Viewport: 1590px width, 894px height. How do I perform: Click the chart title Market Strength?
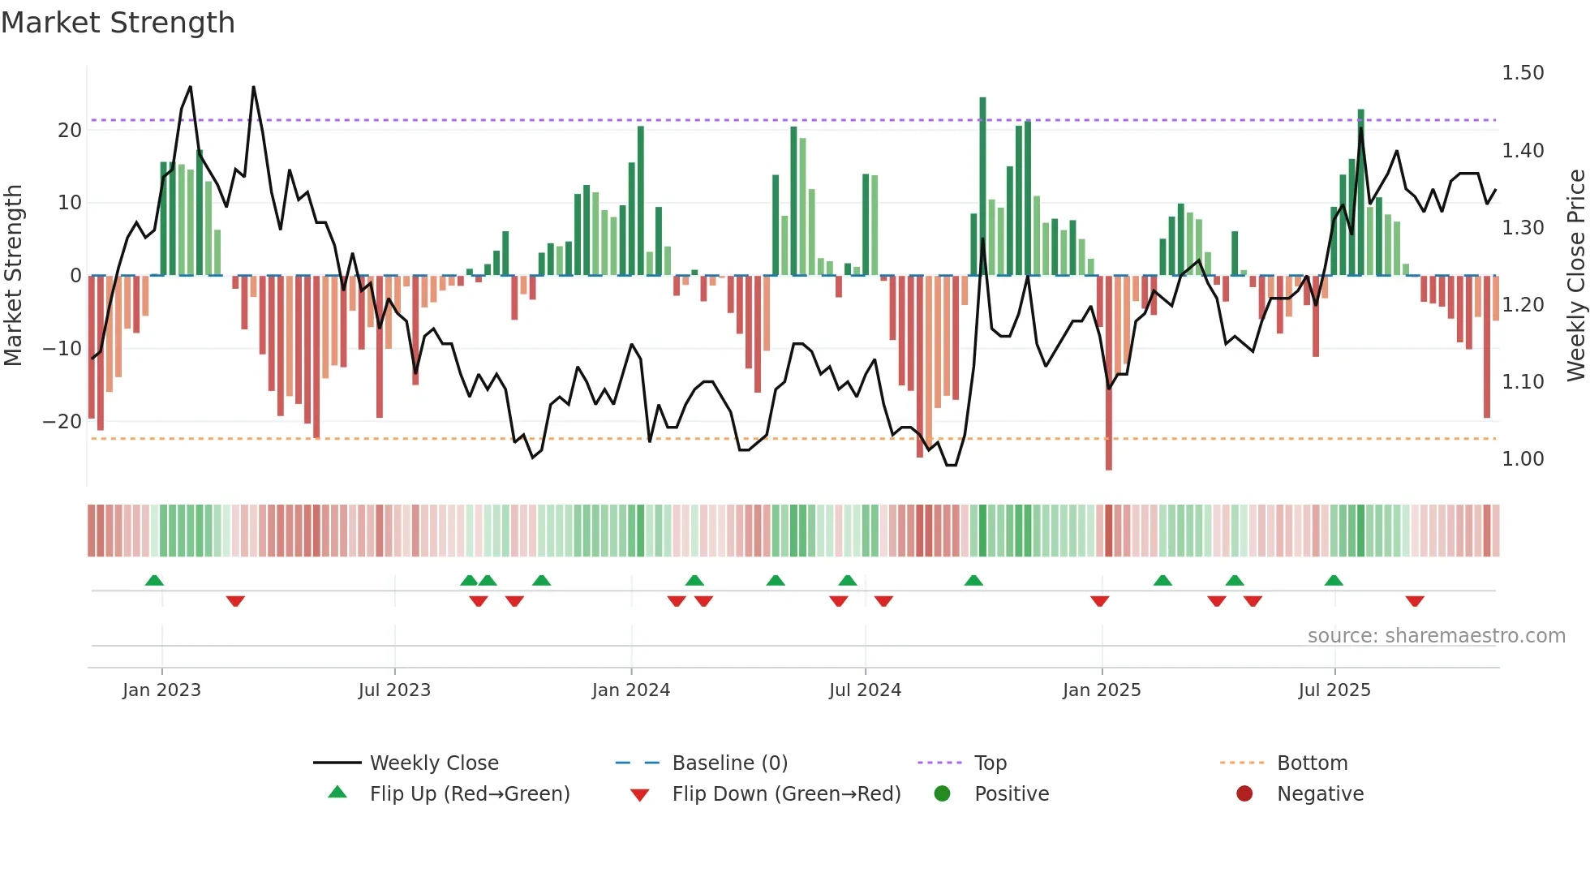pyautogui.click(x=118, y=23)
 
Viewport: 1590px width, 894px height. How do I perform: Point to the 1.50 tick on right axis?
pyautogui.click(x=1522, y=73)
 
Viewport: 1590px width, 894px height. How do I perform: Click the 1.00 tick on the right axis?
pyautogui.click(x=1522, y=459)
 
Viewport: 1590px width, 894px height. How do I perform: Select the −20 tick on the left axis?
pyautogui.click(x=62, y=422)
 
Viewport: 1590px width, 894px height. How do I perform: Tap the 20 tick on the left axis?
pyautogui.click(x=70, y=131)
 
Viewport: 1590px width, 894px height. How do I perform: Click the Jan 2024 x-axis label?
pyautogui.click(x=630, y=690)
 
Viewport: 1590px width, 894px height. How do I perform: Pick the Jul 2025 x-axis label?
pyautogui.click(x=1334, y=690)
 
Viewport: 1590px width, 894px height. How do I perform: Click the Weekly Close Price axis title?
pyautogui.click(x=1575, y=276)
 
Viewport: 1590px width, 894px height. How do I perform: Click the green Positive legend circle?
pyautogui.click(x=942, y=793)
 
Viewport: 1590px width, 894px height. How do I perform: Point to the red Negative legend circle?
pyautogui.click(x=1244, y=793)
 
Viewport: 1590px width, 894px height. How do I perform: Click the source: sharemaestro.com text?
pyautogui.click(x=1436, y=636)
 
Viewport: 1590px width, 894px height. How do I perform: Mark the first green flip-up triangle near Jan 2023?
pyautogui.click(x=154, y=580)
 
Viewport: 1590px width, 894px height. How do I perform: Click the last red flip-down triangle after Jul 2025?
pyautogui.click(x=1415, y=601)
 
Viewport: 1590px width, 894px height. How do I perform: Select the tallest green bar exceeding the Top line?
pyautogui.click(x=982, y=187)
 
